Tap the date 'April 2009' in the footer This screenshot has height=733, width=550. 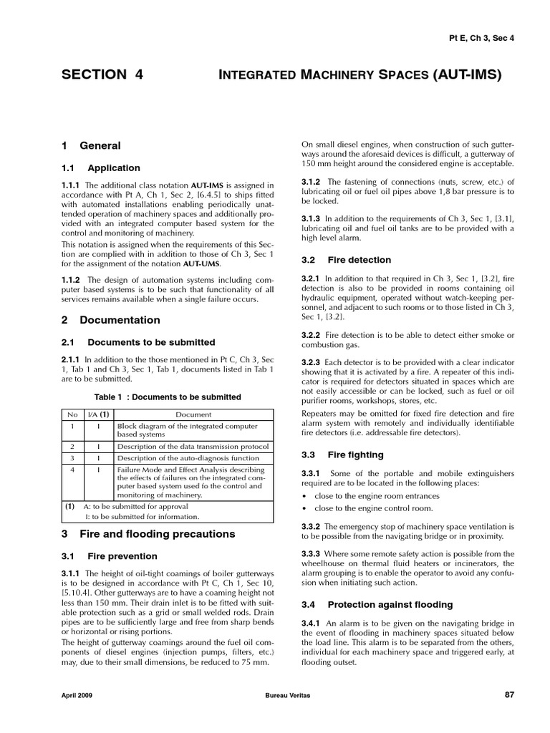[77, 695]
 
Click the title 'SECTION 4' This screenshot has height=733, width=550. [102, 74]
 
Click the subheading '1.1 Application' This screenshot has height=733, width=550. [101, 168]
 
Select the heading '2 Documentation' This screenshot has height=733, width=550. [110, 320]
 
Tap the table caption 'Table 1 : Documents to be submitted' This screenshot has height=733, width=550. [168, 397]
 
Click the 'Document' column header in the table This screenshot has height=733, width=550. [193, 414]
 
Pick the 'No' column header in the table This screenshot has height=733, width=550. [72, 414]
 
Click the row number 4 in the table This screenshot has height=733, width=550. [72, 470]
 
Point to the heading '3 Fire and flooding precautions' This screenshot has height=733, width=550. [148, 534]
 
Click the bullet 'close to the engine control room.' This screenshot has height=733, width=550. [373, 508]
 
